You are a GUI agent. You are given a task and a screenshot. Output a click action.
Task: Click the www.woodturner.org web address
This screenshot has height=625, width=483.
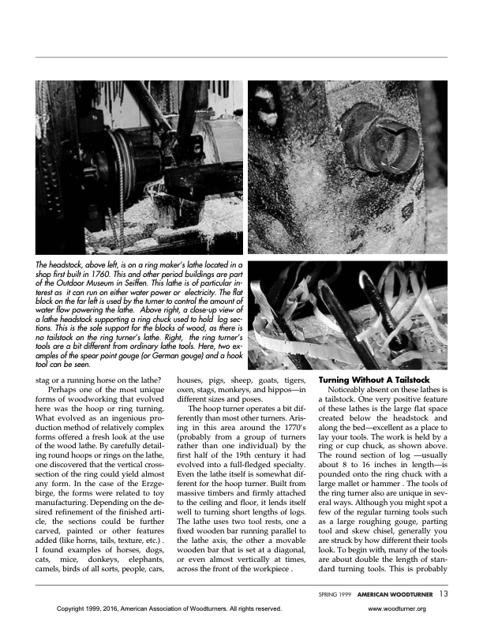(x=398, y=609)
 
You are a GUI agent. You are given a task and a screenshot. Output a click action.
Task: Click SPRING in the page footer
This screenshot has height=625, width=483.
(x=330, y=593)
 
